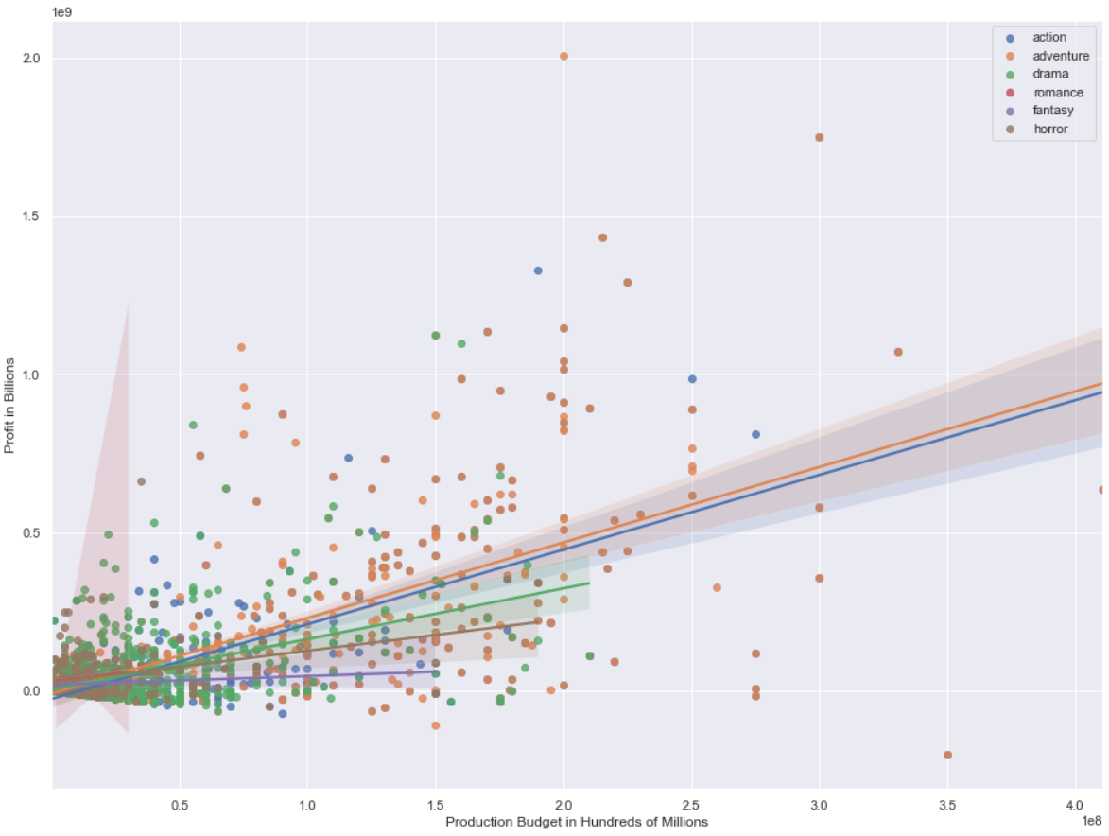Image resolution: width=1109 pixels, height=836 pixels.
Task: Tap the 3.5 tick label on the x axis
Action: [x=947, y=804]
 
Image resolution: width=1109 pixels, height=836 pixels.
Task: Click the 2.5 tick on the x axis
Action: [x=691, y=804]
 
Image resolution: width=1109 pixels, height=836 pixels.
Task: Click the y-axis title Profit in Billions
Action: [x=10, y=407]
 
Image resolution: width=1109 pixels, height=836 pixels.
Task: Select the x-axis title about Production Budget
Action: [x=576, y=822]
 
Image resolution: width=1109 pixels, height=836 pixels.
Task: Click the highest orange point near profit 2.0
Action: [x=563, y=56]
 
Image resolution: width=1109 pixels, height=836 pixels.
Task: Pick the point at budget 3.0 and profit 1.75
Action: [x=820, y=137]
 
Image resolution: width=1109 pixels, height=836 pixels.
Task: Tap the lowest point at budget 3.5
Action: [x=947, y=755]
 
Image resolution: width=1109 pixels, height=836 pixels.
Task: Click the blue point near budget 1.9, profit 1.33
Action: [x=538, y=270]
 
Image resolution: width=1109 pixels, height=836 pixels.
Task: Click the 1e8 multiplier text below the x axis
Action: [x=1092, y=820]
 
